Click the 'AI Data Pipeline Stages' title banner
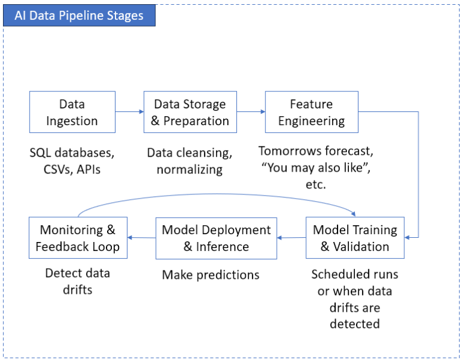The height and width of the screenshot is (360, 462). (x=79, y=16)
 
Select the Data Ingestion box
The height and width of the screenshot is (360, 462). (x=72, y=112)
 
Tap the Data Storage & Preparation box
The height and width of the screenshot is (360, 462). (x=189, y=112)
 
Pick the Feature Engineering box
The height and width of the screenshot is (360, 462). (x=311, y=112)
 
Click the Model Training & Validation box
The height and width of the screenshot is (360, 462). (x=355, y=238)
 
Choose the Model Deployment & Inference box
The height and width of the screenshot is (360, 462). (x=216, y=238)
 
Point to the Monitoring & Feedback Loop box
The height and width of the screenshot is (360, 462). (x=78, y=238)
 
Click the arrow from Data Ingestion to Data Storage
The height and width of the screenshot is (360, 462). (x=129, y=111)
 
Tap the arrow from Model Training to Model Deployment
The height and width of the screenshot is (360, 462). (x=291, y=238)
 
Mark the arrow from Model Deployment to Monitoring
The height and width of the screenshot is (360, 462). (x=141, y=238)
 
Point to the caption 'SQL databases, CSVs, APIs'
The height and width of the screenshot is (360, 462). (x=72, y=161)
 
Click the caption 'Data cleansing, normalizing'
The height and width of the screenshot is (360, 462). (x=189, y=161)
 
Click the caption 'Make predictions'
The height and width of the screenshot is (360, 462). (x=211, y=275)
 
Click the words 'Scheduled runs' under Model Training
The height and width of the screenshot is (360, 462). (x=354, y=275)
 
